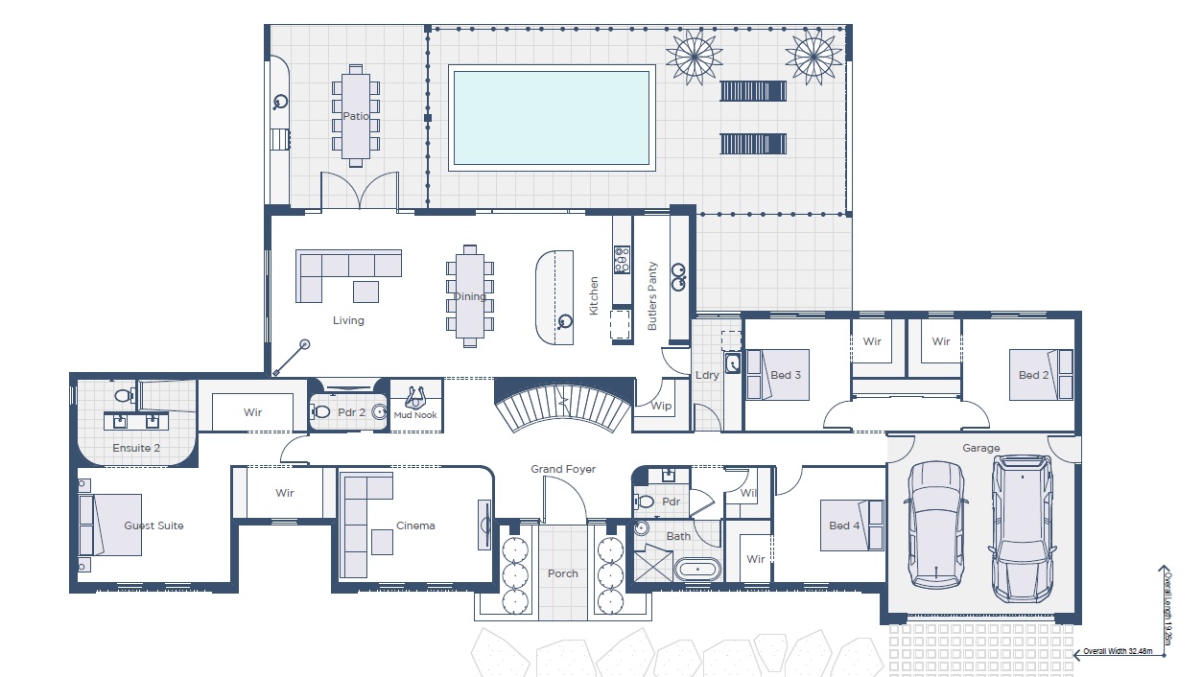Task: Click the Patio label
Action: click(x=356, y=117)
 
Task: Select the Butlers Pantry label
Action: click(x=653, y=295)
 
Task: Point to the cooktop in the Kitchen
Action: click(x=622, y=259)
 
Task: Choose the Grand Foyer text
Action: click(x=563, y=469)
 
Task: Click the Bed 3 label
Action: click(x=786, y=375)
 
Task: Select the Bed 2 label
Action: click(x=1034, y=375)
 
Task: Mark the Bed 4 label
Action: click(x=845, y=525)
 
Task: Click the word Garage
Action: click(x=981, y=448)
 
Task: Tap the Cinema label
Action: click(x=415, y=525)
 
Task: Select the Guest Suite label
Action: click(x=153, y=525)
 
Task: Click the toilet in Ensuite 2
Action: click(x=122, y=394)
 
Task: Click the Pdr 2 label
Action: click(x=352, y=412)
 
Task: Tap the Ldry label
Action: click(x=707, y=375)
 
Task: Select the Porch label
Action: click(x=563, y=573)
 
